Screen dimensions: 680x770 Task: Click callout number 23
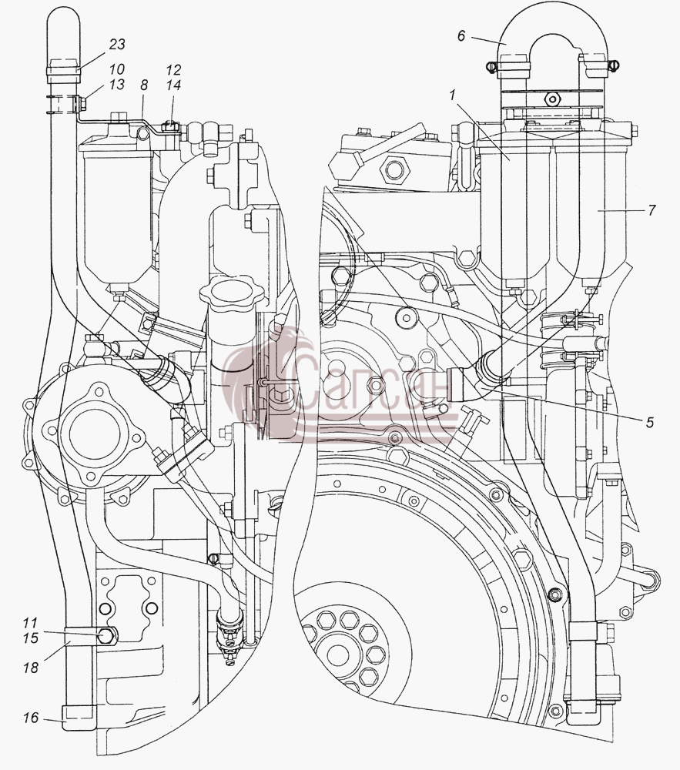click(117, 45)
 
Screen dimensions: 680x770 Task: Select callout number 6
click(461, 36)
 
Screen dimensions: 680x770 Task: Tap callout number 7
click(652, 210)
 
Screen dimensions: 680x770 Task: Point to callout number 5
click(650, 422)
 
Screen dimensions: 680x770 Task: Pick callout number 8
click(144, 85)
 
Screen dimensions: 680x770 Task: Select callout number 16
click(30, 718)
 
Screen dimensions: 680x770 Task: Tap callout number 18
click(30, 667)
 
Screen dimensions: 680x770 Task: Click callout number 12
click(173, 70)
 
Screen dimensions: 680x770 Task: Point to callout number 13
click(117, 85)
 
